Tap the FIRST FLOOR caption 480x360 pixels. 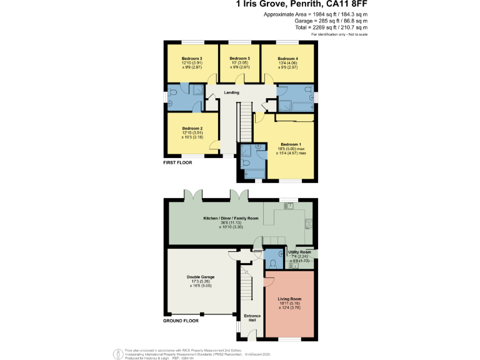click(x=177, y=162)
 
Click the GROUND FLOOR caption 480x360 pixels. click(x=181, y=320)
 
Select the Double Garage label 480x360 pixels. click(x=200, y=276)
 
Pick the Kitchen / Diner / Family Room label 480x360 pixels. click(x=231, y=218)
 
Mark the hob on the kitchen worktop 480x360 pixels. click(x=308, y=223)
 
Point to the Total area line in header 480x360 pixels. click(x=331, y=27)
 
